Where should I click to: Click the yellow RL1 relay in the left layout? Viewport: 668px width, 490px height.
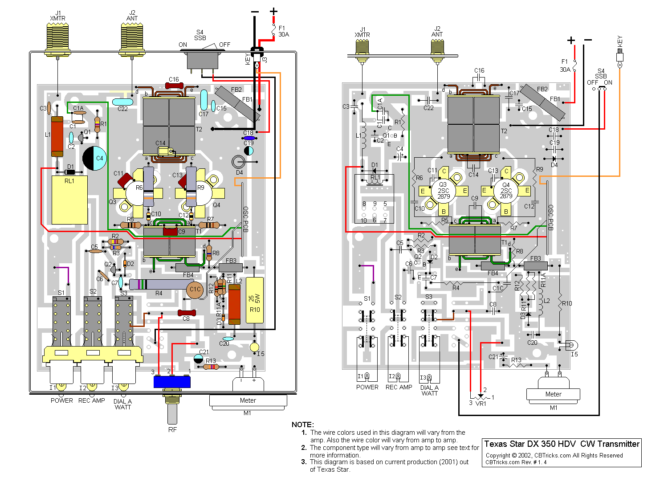(69, 200)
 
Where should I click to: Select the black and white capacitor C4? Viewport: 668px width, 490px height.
(94, 158)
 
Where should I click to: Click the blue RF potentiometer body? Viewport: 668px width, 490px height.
(172, 382)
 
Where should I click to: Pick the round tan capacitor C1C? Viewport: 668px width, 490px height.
(195, 290)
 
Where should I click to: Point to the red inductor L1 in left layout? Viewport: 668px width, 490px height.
(57, 136)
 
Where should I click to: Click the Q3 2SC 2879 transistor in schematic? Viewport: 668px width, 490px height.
(444, 191)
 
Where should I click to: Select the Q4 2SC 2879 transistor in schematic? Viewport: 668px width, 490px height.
(506, 191)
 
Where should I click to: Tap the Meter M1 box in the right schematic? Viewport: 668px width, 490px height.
(553, 394)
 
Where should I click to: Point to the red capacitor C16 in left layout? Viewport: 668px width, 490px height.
(174, 86)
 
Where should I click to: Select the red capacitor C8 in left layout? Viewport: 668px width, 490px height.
(187, 313)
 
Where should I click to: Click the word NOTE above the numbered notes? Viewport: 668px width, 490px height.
(303, 425)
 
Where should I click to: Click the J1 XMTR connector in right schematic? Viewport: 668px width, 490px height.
(362, 48)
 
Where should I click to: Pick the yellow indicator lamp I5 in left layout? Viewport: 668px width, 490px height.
(254, 347)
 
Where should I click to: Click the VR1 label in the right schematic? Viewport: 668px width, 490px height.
(481, 404)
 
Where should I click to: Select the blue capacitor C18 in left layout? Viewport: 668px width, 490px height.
(248, 138)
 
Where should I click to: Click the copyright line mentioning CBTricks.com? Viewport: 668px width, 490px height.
(554, 455)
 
